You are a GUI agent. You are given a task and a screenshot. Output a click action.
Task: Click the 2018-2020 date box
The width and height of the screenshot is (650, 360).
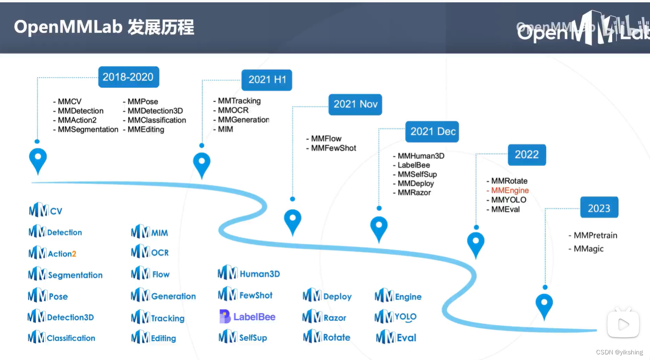[128, 77]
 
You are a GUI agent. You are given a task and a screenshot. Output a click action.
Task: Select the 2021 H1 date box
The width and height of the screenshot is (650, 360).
[267, 80]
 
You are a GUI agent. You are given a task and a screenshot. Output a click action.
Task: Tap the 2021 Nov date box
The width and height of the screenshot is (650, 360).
[355, 104]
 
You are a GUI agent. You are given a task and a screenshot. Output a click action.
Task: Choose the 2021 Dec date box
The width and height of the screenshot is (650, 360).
[432, 132]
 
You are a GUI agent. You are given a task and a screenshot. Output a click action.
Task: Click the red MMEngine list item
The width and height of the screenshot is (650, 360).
[510, 191]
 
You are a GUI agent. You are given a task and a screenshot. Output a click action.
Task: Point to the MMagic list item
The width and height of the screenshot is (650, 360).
[588, 249]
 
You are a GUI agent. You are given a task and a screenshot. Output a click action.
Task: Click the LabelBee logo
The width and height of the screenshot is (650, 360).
[248, 317]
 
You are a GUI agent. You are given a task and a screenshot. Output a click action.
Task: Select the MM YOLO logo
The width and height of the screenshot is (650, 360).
[396, 317]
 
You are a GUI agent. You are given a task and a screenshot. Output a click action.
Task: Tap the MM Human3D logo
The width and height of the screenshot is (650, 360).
[249, 273]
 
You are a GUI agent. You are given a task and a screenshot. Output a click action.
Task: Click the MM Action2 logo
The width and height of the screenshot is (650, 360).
[52, 253]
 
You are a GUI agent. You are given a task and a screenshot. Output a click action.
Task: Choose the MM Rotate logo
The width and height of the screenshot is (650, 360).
[327, 337]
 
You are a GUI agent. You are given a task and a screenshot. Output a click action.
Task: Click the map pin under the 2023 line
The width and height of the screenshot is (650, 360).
[544, 306]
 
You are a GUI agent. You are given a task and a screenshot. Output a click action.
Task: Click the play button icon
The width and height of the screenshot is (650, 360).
[623, 324]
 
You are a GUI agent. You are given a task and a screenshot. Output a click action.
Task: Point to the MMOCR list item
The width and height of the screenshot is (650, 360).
[233, 110]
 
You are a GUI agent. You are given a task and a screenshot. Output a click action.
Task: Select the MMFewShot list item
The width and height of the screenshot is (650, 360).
[333, 148]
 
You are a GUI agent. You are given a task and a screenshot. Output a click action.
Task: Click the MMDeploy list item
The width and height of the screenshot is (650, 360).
[415, 184]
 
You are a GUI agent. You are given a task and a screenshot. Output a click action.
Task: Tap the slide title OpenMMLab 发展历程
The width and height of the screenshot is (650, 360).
[104, 28]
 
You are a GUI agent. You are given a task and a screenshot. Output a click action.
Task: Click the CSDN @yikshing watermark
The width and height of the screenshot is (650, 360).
[619, 352]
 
